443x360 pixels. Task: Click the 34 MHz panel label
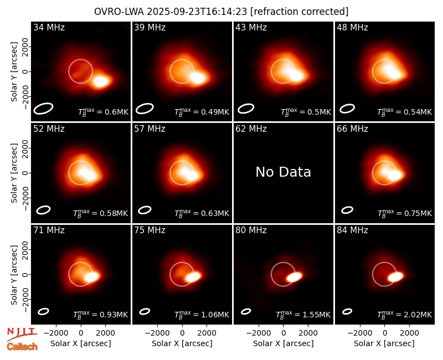point(49,27)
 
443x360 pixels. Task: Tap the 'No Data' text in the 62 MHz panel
point(283,172)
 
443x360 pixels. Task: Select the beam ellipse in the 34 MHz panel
point(44,109)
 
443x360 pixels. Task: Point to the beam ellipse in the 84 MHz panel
point(347,311)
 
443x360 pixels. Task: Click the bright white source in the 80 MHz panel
point(294,276)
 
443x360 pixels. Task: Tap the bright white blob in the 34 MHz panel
point(101,81)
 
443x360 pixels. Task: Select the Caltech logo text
point(22,347)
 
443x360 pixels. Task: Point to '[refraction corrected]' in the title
point(300,12)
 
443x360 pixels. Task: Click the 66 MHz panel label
point(352,129)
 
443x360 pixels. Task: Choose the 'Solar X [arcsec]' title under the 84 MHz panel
point(384,343)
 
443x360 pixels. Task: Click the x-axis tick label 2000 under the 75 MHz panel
point(207,333)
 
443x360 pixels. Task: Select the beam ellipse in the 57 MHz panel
point(145,210)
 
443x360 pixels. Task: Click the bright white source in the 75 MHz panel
point(193,276)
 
